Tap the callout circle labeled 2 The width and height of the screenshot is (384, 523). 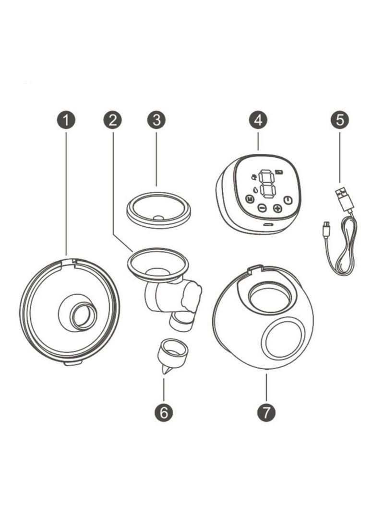tap(112, 120)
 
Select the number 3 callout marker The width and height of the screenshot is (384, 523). tap(156, 120)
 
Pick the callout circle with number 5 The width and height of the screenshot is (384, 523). tap(340, 120)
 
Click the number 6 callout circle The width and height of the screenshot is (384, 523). tap(164, 412)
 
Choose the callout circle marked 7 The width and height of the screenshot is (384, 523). tap(266, 412)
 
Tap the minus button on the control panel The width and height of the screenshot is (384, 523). tap(262, 208)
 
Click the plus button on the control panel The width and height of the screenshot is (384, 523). tap(277, 208)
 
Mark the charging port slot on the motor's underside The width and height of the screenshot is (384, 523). tap(267, 224)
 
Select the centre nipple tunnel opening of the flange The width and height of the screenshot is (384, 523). tap(84, 317)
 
